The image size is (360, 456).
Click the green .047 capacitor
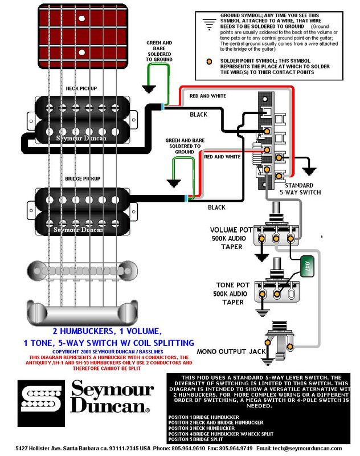pyautogui.click(x=307, y=266)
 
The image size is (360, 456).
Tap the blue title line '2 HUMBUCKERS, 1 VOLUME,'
pyautogui.click(x=107, y=331)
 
